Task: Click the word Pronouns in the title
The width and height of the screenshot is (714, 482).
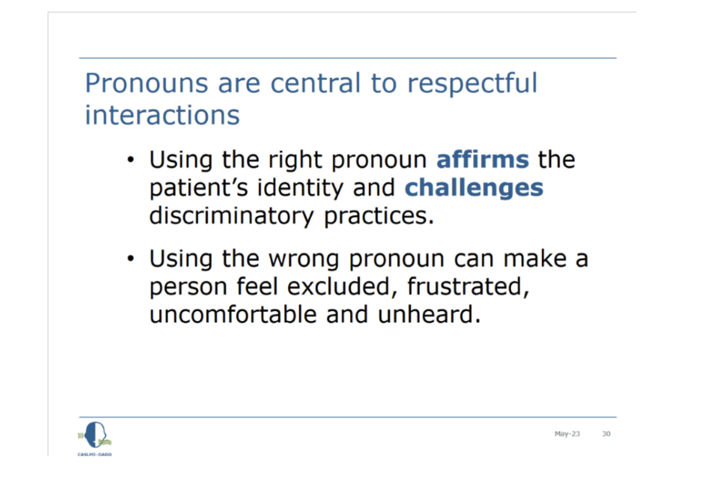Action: (x=146, y=83)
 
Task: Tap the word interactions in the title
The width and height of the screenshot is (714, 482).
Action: (x=162, y=114)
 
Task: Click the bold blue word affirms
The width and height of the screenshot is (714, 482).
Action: (x=483, y=159)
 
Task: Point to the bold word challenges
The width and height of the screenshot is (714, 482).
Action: (x=474, y=188)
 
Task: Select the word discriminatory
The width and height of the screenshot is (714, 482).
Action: (x=231, y=216)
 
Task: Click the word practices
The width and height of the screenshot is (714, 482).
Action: (x=379, y=216)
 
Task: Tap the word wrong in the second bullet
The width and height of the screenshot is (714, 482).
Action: (x=304, y=259)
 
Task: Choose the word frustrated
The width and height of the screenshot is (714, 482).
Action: (x=468, y=287)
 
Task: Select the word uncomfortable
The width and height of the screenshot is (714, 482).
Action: (x=233, y=315)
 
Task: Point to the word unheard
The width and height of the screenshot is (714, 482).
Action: (x=429, y=315)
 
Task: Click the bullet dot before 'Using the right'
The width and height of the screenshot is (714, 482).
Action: (x=131, y=160)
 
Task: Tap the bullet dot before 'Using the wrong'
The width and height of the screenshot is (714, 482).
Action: (x=131, y=259)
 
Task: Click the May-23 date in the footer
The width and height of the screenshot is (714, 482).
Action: (x=567, y=434)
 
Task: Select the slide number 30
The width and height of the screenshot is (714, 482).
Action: (x=606, y=434)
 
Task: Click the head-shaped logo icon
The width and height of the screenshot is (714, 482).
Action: (x=95, y=434)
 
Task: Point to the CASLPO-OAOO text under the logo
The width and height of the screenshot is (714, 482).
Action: (x=94, y=454)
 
